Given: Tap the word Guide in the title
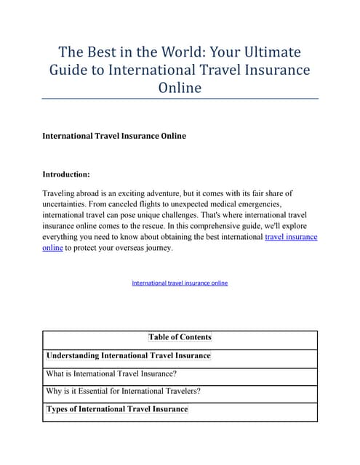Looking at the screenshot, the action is (x=69, y=70).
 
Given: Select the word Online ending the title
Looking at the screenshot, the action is (x=180, y=88).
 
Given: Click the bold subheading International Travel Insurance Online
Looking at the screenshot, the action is (x=114, y=136).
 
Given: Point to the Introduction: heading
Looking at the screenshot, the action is (x=66, y=175).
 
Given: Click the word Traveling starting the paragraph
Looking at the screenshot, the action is (x=62, y=194).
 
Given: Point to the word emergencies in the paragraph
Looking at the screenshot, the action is (x=249, y=205).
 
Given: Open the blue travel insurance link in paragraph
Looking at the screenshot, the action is (x=291, y=238).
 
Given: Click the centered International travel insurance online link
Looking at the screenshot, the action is (x=180, y=283).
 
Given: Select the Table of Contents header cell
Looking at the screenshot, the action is (x=180, y=337).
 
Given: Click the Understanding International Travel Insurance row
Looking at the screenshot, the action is (x=128, y=356).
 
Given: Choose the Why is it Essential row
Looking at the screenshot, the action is (x=123, y=392).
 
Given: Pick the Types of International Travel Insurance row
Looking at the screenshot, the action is (x=117, y=410).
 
